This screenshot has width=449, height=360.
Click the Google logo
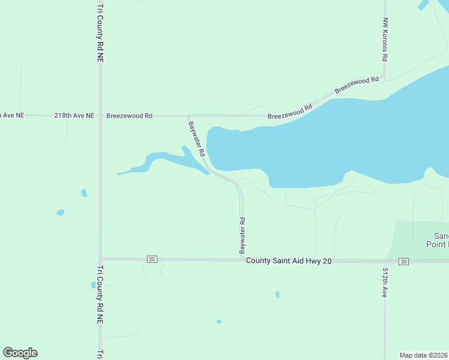[x=20, y=353]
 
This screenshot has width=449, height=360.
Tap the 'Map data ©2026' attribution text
[x=424, y=355]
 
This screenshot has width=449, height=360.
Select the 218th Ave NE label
[x=74, y=115]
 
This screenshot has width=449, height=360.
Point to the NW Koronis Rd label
[x=385, y=40]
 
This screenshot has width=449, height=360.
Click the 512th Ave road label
[x=385, y=282]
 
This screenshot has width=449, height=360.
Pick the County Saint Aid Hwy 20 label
[x=289, y=261]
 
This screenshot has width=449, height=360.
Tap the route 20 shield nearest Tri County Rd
[x=151, y=259]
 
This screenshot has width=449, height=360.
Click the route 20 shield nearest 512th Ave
[x=403, y=262]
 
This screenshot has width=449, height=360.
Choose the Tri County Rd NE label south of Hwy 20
[x=100, y=295]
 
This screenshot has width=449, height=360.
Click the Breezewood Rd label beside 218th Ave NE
[x=129, y=115]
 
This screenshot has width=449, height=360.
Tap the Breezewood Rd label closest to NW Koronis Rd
[x=358, y=84]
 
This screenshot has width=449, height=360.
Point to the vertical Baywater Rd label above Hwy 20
[x=243, y=235]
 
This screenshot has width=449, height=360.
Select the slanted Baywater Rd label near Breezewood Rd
[x=197, y=139]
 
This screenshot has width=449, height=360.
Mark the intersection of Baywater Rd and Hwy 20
[x=243, y=260]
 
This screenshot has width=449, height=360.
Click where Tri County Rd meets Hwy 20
[x=100, y=259]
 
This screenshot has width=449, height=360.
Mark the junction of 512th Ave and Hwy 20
[x=385, y=261]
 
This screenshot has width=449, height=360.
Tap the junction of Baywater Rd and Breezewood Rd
[x=188, y=115]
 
